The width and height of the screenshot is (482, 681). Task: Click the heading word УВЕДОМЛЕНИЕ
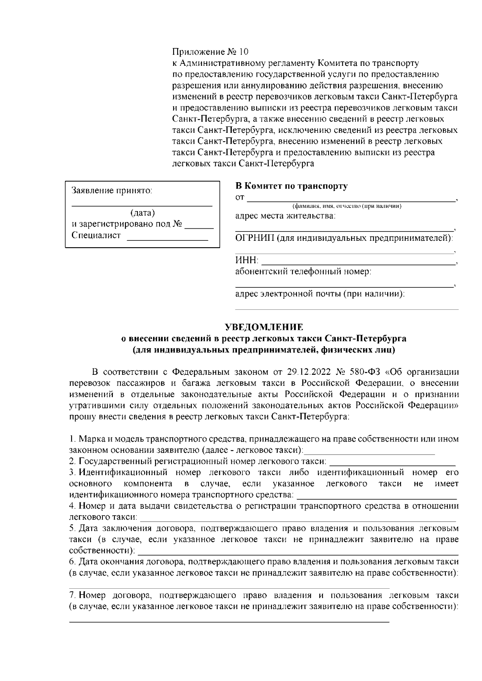(x=264, y=327)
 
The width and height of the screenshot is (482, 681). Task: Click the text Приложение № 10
(x=210, y=52)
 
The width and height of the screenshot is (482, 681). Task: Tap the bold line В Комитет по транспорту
(x=291, y=186)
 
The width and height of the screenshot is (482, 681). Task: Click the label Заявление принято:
(x=112, y=190)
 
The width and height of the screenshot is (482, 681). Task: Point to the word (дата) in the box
(x=143, y=213)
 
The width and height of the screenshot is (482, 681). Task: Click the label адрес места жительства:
(x=285, y=216)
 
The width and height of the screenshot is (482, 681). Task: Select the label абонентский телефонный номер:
(x=303, y=272)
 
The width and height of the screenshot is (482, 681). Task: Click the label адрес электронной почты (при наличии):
(x=320, y=294)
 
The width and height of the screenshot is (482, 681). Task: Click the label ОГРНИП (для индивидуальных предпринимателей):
(x=344, y=238)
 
